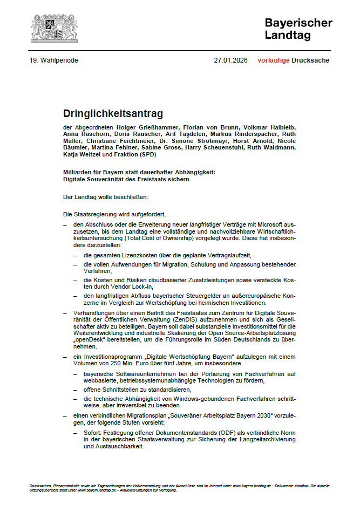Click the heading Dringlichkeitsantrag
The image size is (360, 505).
113,114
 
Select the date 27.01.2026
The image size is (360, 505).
230,60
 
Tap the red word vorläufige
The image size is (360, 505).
273,60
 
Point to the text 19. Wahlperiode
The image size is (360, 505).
54,60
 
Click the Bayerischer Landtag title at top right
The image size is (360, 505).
298,29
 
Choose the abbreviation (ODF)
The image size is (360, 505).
201,433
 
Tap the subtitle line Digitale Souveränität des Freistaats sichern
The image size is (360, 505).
126,179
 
